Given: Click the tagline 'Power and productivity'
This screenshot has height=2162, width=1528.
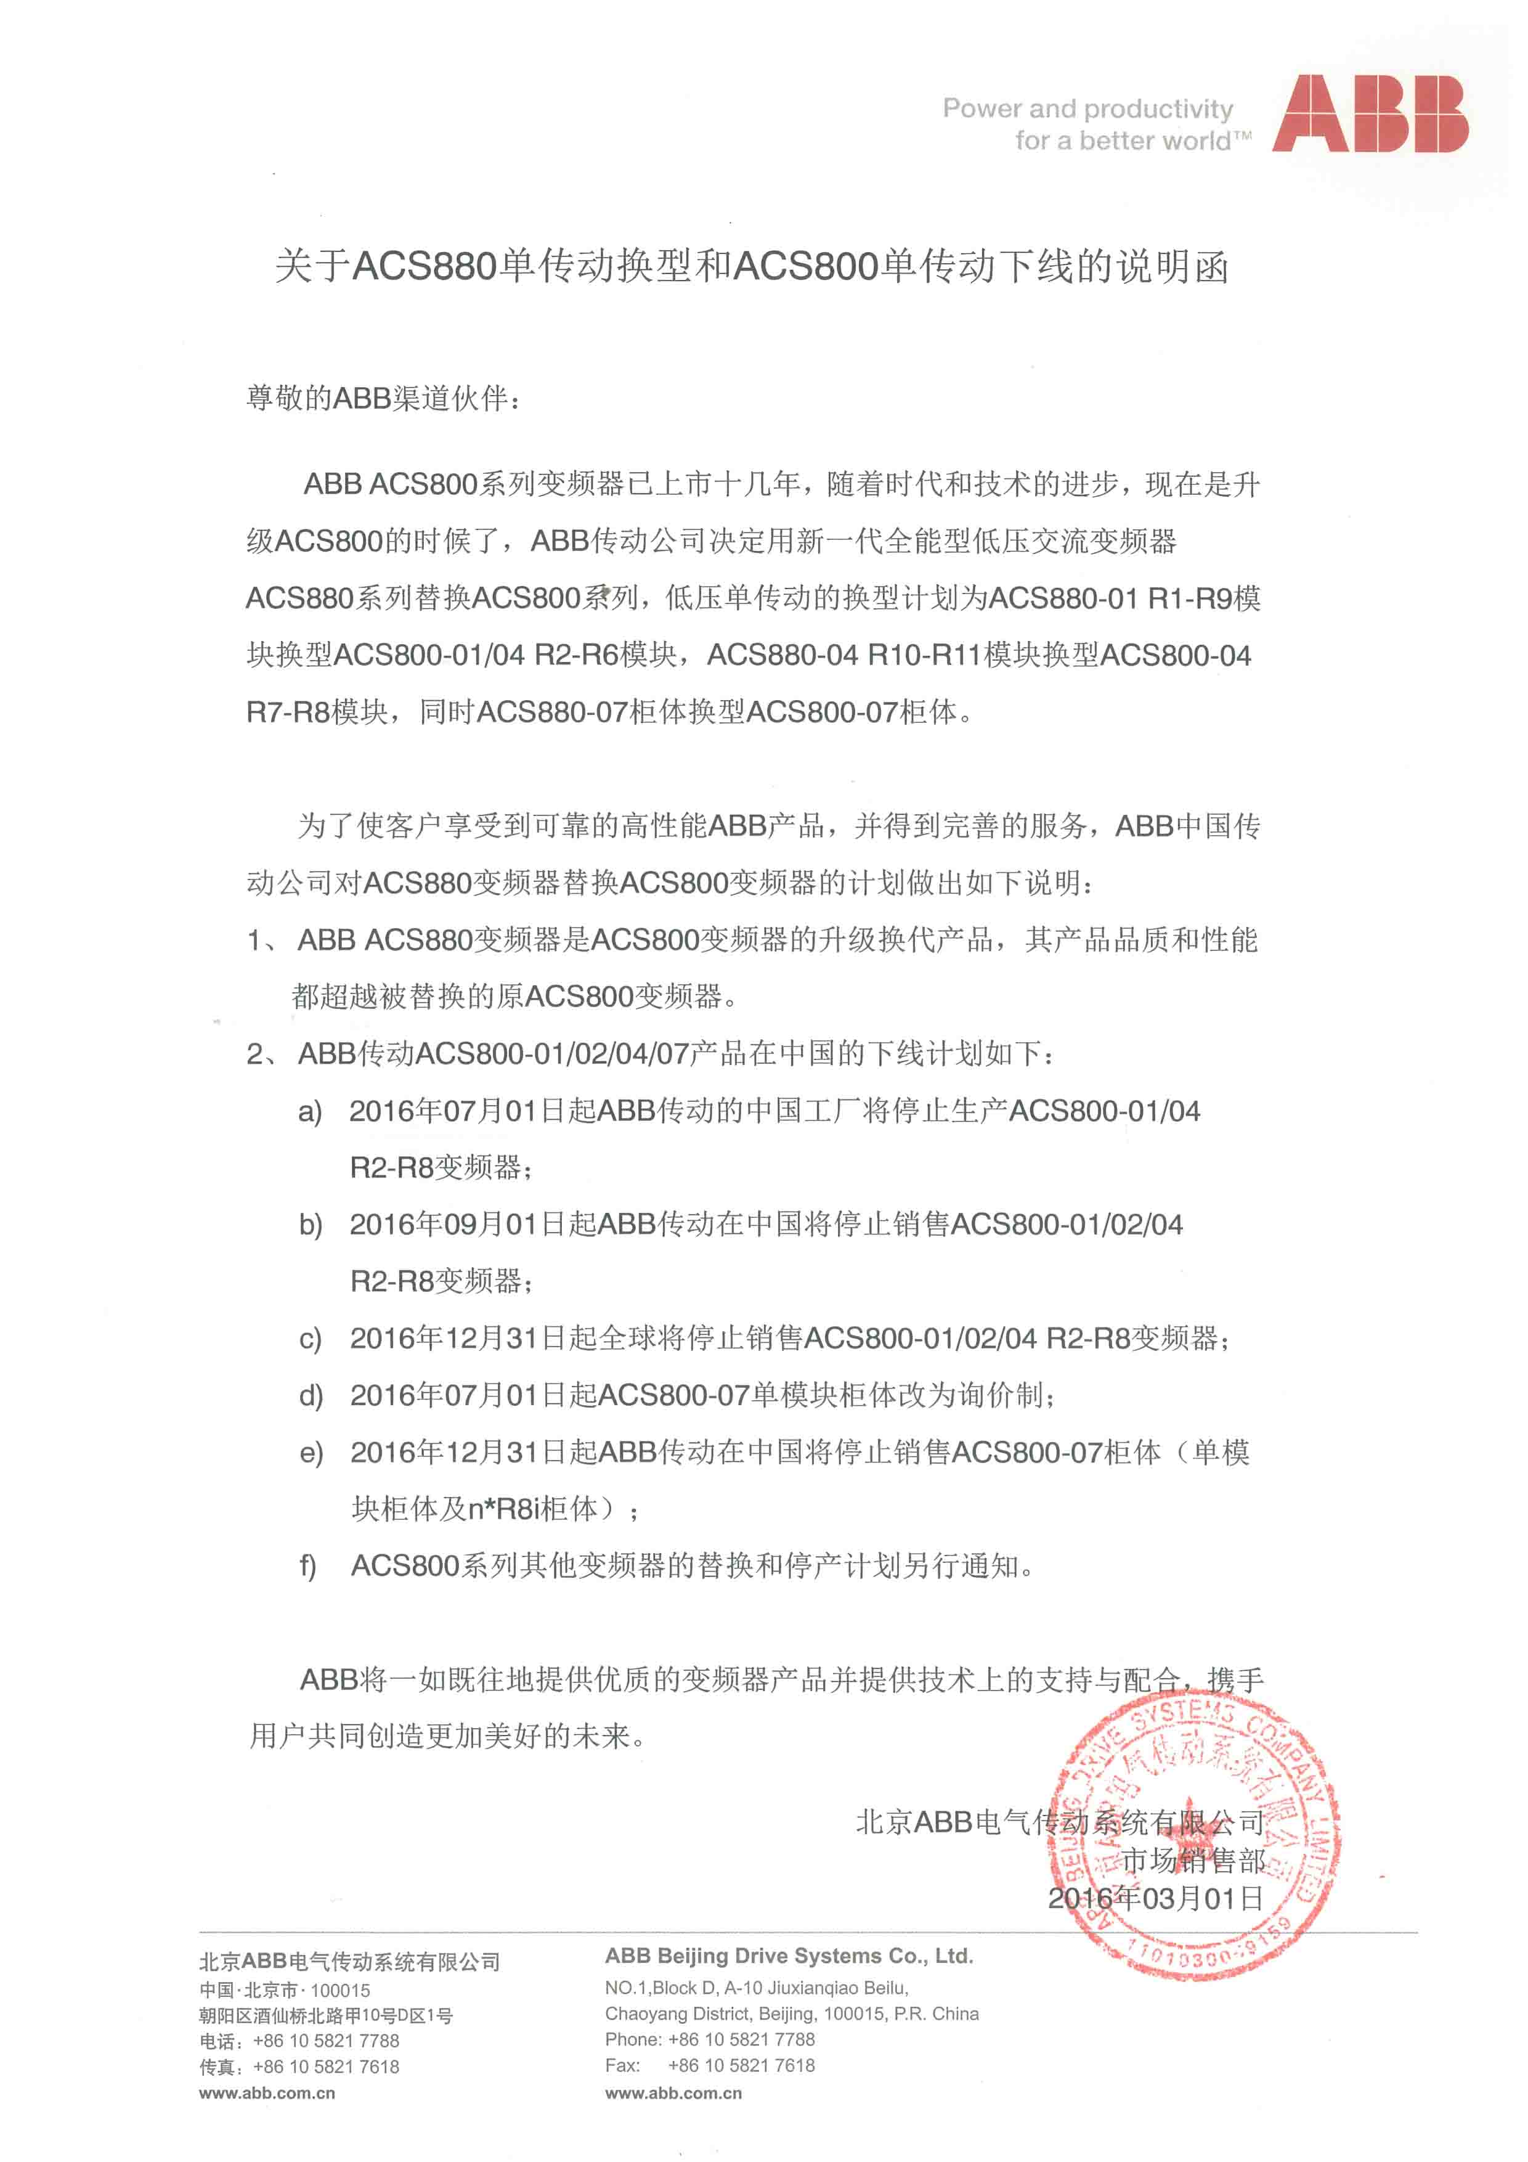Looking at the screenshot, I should pyautogui.click(x=1087, y=109).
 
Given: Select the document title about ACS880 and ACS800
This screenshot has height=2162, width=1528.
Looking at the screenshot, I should pyautogui.click(x=751, y=266).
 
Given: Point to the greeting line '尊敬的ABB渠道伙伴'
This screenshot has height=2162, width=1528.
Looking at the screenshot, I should pyautogui.click(x=382, y=398).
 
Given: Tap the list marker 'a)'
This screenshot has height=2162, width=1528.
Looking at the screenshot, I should pyautogui.click(x=310, y=1112).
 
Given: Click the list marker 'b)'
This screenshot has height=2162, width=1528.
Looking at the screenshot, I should pyautogui.click(x=311, y=1225).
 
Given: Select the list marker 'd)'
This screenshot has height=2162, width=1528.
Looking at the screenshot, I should pyautogui.click(x=311, y=1395).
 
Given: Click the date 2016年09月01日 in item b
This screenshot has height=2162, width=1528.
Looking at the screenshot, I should pyautogui.click(x=458, y=1224).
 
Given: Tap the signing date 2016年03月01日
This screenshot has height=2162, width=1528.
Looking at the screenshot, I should pyautogui.click(x=1155, y=1898).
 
